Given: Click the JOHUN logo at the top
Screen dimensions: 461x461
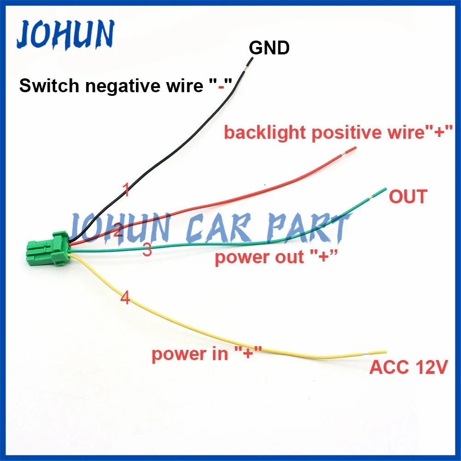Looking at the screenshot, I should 65,35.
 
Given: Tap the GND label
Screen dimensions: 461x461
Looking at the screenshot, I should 269,47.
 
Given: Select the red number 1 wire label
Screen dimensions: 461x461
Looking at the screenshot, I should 125,189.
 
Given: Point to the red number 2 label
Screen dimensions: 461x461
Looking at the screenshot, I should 118,230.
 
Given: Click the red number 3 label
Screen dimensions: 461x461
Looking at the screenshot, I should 147,250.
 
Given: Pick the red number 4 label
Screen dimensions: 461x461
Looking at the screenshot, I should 125,298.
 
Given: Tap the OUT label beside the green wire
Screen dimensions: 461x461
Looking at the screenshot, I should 408,197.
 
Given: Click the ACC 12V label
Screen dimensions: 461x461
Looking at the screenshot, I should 408,368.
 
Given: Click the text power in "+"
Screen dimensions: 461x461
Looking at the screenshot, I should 207,354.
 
